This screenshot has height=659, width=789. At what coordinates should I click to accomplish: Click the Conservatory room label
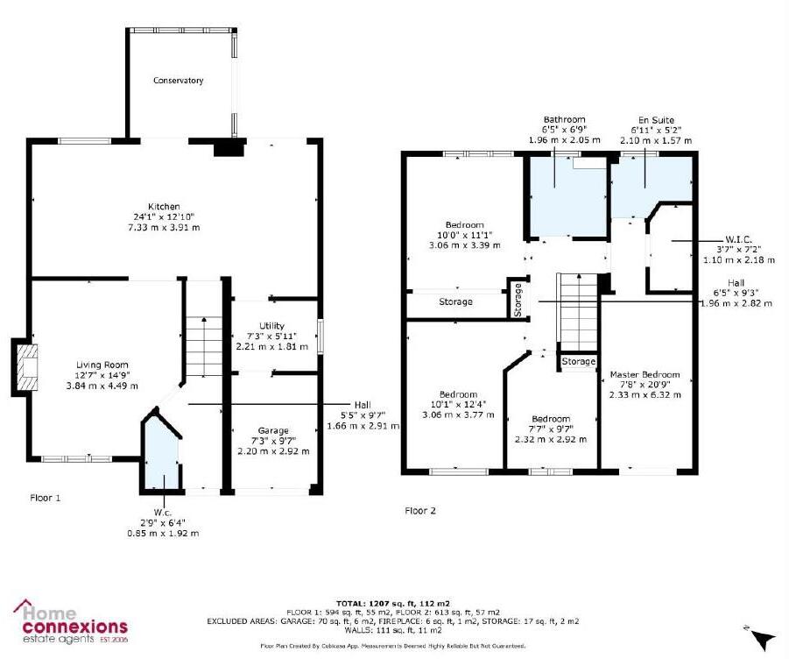point(178,81)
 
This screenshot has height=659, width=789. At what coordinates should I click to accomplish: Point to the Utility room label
point(271,326)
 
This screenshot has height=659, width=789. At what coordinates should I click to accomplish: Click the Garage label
point(272,430)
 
